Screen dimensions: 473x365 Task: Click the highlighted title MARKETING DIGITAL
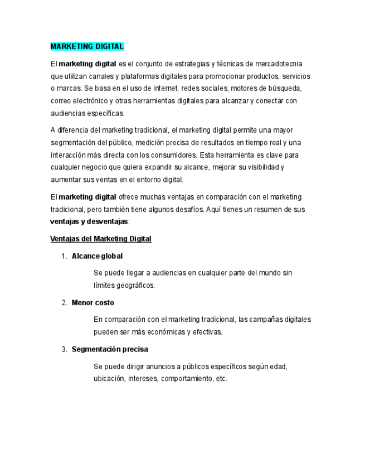87,46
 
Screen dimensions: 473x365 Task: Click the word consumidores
172,155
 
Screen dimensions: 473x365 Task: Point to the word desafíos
188,210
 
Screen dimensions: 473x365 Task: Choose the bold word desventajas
106,222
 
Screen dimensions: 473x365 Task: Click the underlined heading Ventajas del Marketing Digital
100,239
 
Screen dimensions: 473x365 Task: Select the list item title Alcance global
97,256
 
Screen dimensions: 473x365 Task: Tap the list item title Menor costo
93,303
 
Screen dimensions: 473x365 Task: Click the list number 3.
64,350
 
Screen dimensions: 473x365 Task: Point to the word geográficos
135,286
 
